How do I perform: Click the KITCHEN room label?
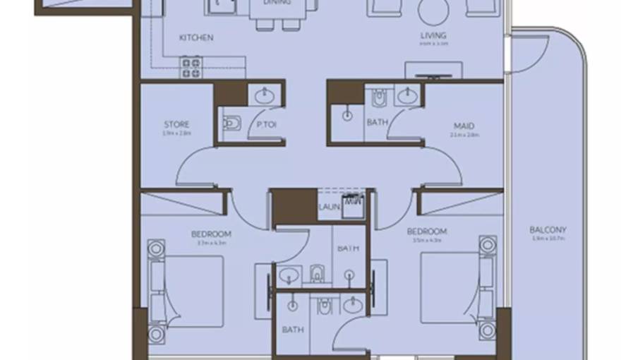click(196, 37)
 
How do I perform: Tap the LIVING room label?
click(433, 36)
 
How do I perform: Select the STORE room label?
click(176, 125)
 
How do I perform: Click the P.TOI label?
click(265, 125)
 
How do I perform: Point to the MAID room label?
click(464, 126)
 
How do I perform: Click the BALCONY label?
click(548, 229)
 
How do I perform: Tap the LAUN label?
click(329, 207)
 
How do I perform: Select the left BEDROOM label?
click(211, 234)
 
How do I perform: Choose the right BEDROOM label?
click(427, 231)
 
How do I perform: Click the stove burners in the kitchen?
click(191, 67)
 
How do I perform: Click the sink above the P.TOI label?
click(265, 94)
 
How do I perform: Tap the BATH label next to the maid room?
click(377, 122)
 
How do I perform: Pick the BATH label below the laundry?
click(348, 248)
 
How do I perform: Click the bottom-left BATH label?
click(292, 329)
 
